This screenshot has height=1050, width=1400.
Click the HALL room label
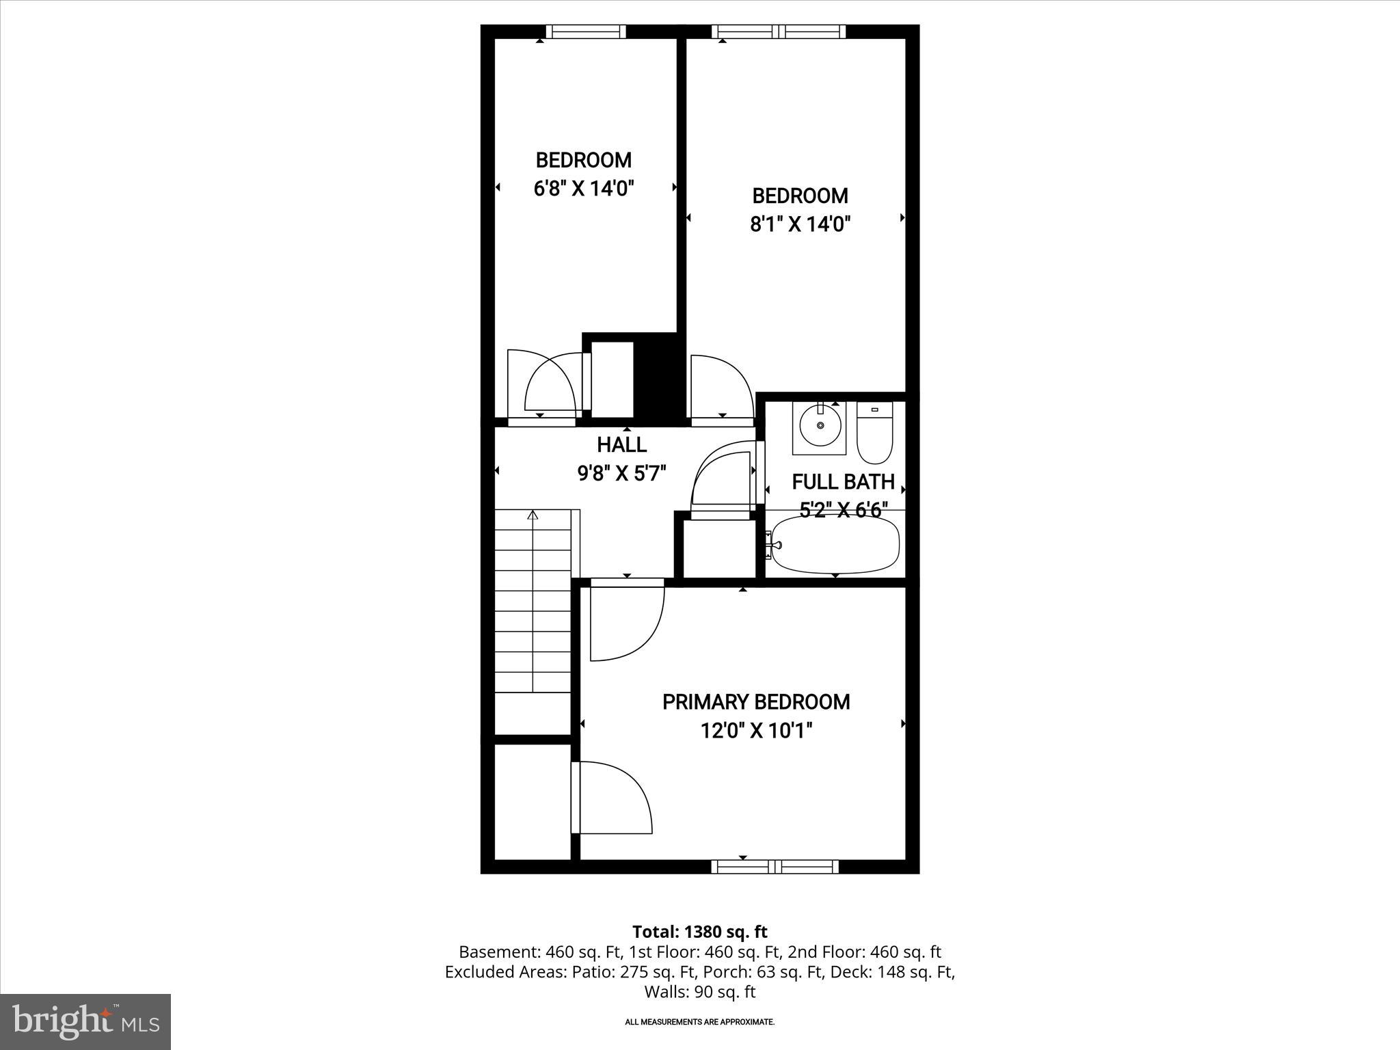[x=621, y=445]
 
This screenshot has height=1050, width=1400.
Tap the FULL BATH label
[x=843, y=482]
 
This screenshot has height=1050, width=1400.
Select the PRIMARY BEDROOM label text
[x=756, y=702]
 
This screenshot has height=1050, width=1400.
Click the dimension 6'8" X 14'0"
[x=584, y=189]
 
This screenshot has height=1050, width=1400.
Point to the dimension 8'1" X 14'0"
[x=800, y=224]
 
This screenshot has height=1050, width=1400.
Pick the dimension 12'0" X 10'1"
[x=756, y=731]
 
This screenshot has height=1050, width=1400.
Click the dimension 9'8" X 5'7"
[x=621, y=473]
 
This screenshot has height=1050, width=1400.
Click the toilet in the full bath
[x=875, y=433]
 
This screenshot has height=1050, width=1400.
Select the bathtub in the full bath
[x=835, y=545]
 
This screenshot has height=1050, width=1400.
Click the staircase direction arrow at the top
[x=533, y=515]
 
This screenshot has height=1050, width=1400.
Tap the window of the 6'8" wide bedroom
[x=586, y=31]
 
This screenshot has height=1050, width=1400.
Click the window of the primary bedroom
[x=775, y=867]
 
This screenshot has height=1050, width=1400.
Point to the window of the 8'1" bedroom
[x=779, y=31]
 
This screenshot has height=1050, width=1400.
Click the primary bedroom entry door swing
[x=625, y=622]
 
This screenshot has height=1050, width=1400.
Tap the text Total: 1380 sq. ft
[x=699, y=932]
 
